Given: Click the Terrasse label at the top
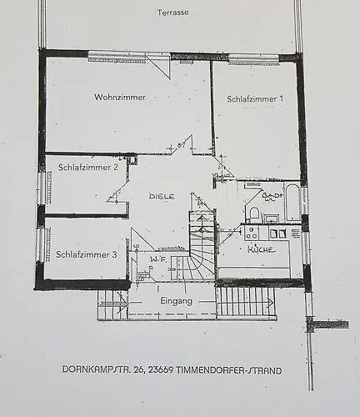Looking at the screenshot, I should (x=172, y=13).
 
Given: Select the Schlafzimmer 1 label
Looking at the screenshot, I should (x=254, y=98).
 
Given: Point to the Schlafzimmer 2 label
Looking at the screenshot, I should (x=87, y=167).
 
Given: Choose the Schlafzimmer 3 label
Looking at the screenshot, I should (x=87, y=254).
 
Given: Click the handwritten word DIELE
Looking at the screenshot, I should (x=162, y=195).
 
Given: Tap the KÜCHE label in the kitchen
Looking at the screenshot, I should (x=261, y=249).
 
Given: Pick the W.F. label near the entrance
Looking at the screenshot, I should (x=158, y=259).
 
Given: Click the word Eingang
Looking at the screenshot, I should (x=177, y=300).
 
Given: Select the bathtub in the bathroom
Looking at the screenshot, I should (x=292, y=203).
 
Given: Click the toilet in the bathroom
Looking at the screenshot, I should (x=254, y=214).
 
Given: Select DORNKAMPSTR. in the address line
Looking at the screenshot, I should (x=94, y=369).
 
